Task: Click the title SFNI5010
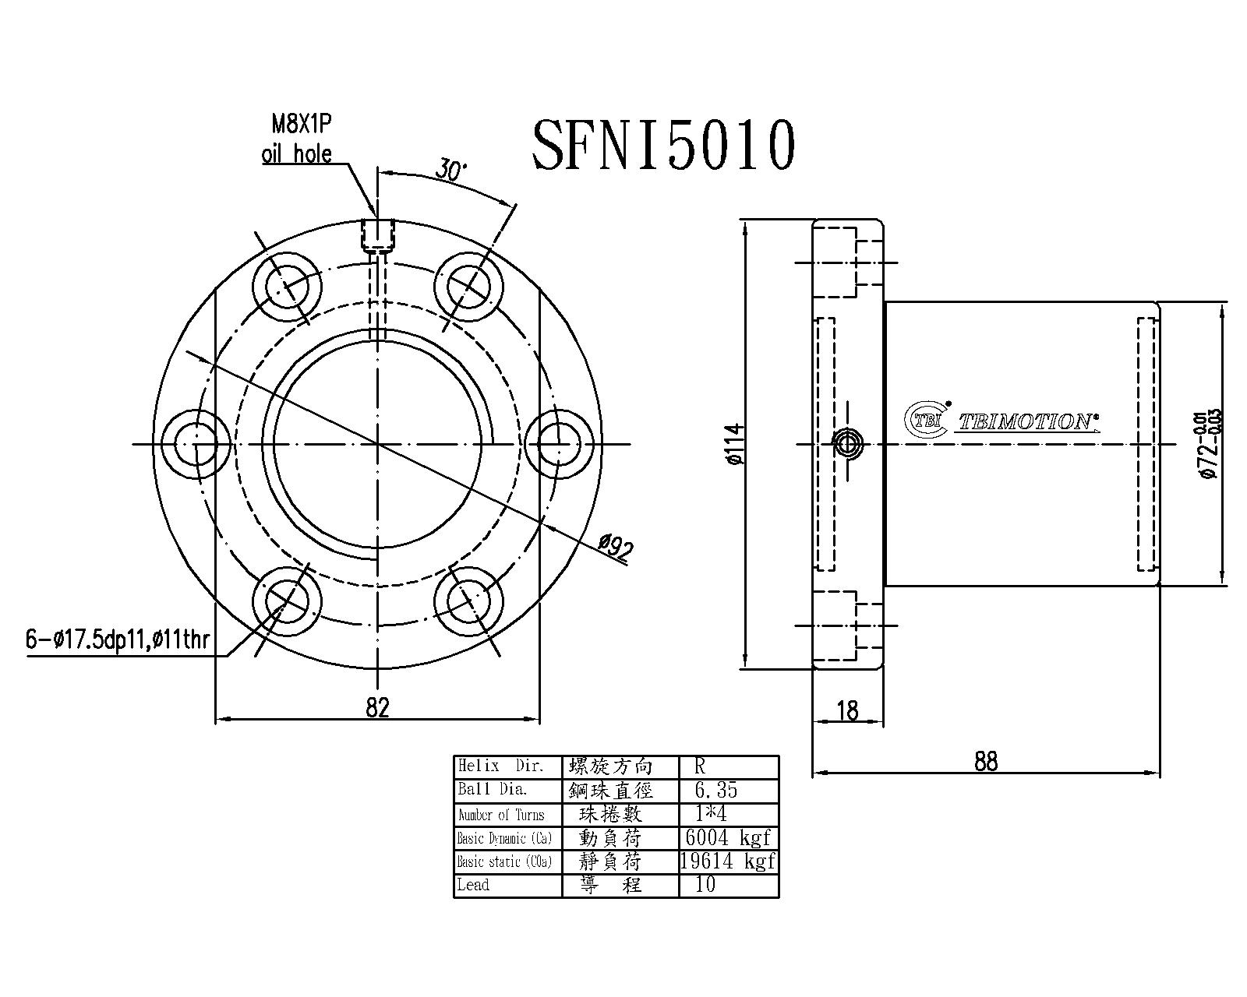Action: click(663, 146)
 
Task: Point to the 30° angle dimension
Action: click(450, 171)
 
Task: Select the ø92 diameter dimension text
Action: click(615, 549)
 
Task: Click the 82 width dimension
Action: click(376, 707)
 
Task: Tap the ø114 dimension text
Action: click(735, 445)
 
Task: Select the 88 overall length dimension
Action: click(985, 761)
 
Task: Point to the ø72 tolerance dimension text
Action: click(1210, 443)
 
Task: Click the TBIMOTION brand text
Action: click(1026, 422)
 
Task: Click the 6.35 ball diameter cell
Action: click(715, 790)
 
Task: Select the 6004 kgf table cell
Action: click(727, 837)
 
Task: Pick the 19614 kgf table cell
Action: click(727, 861)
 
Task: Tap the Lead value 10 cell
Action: click(705, 884)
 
